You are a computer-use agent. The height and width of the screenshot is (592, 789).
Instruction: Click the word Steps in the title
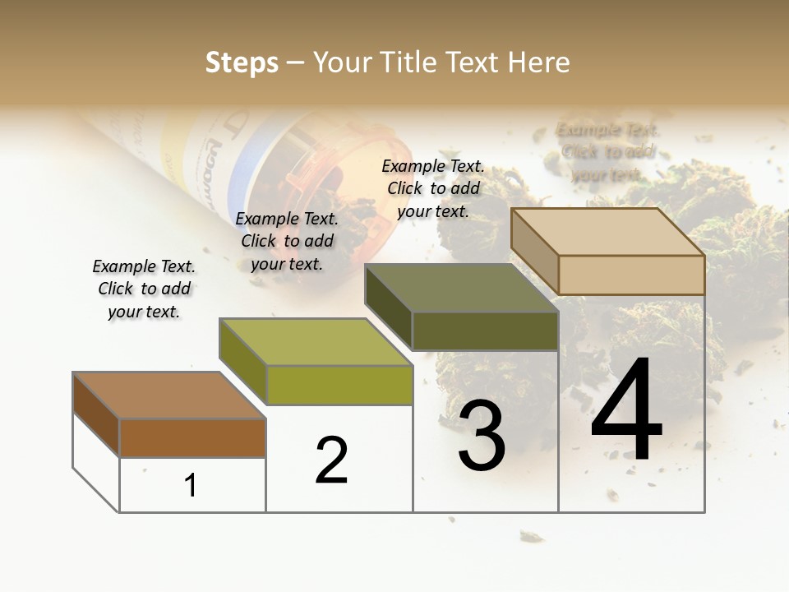point(242,62)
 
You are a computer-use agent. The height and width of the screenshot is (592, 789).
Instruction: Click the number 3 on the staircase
point(482,436)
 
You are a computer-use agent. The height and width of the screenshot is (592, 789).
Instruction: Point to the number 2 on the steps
point(331,460)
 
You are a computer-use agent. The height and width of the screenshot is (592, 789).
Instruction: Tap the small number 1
point(191,486)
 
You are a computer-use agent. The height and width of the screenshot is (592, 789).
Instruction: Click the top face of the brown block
point(169,395)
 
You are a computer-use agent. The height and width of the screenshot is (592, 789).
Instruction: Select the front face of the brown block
point(192,438)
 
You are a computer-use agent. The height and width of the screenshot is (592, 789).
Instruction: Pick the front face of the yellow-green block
point(339,385)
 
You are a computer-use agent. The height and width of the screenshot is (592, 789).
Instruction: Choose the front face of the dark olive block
point(485,331)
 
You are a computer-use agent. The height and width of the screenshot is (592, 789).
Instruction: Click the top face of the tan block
point(608,232)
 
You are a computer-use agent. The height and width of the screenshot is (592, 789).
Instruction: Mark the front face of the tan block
point(631,275)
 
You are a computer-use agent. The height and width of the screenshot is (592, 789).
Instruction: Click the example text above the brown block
point(144,289)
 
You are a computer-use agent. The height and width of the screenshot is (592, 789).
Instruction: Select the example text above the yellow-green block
point(287,241)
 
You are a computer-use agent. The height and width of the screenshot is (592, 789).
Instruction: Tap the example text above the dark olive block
point(433,188)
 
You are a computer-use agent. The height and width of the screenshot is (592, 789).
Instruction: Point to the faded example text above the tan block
point(607,152)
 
